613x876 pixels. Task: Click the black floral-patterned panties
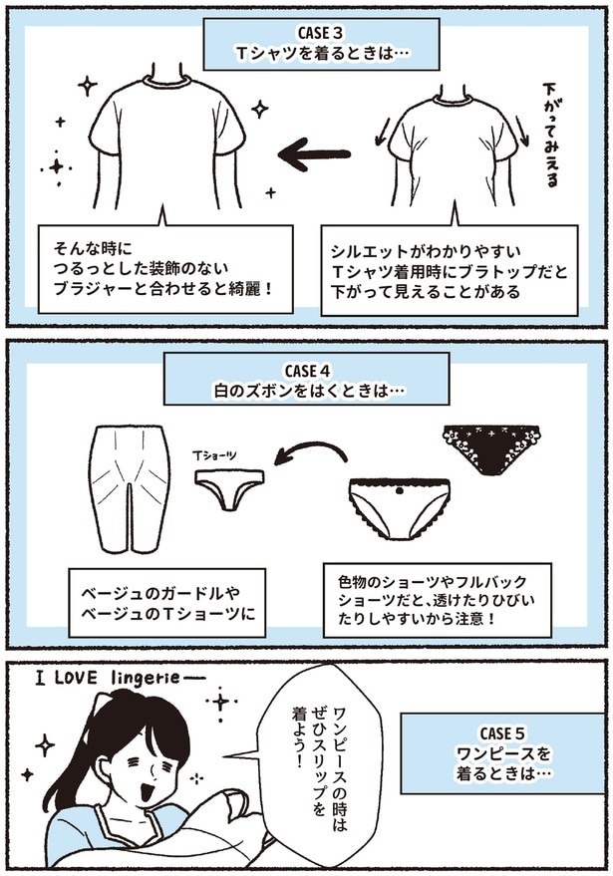pos(492,448)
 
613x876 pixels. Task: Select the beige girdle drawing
pos(132,488)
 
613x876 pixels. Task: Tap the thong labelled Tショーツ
pos(228,488)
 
